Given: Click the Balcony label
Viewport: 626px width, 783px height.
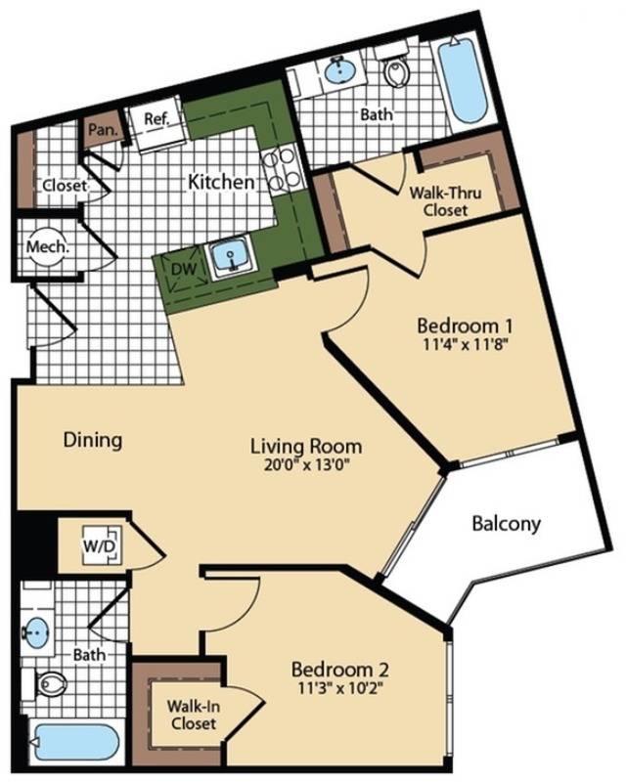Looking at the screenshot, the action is coord(506,524).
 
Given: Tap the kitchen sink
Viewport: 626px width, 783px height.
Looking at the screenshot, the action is coord(231,256).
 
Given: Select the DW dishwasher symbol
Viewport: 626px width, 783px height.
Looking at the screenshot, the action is coord(183,270).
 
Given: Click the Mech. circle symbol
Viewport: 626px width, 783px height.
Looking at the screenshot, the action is coord(47,246).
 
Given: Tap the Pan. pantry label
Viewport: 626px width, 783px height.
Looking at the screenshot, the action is coord(103,130).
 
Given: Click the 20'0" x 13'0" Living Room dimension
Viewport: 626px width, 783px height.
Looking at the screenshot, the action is coord(306,465).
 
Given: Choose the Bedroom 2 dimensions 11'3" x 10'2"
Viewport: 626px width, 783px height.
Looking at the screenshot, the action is coord(340,688).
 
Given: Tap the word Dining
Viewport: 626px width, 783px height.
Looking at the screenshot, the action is coord(93,441).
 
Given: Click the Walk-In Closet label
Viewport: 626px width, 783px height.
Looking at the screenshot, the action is coord(194,715).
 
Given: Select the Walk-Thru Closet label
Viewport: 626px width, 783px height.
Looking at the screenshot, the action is coord(445,200).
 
